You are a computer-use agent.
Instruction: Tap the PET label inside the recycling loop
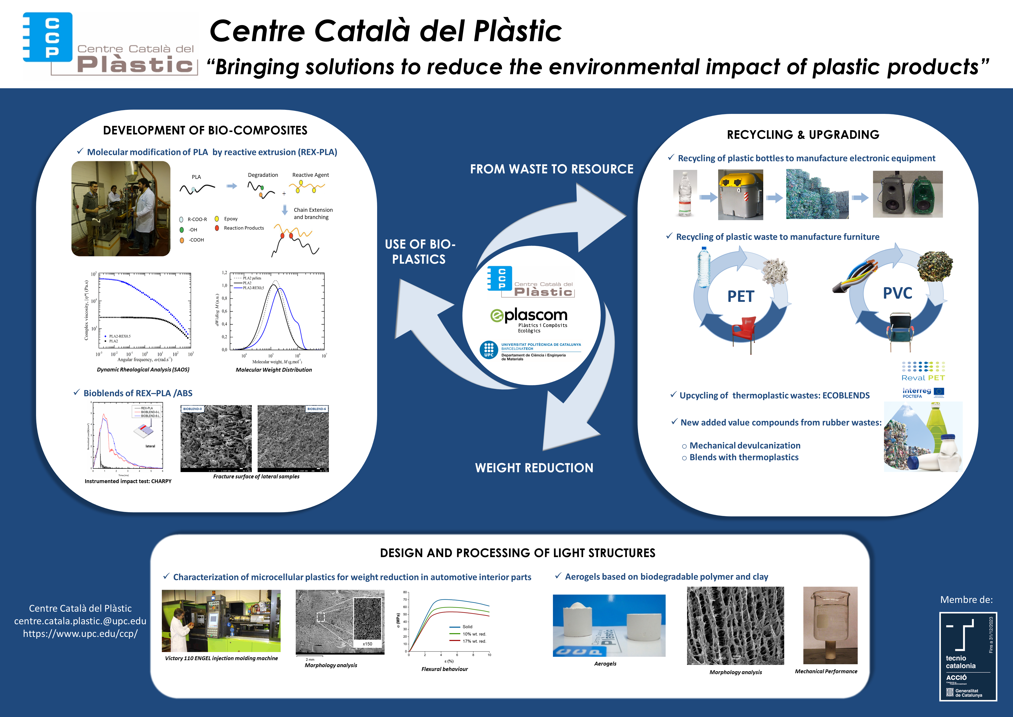(741, 296)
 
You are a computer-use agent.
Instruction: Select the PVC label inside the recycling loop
(897, 293)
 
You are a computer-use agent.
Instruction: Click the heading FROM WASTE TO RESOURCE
(552, 169)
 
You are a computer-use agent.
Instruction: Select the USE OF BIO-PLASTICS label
(419, 252)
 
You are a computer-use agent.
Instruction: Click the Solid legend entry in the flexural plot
(467, 627)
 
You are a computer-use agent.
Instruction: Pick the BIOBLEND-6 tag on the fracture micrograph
(316, 409)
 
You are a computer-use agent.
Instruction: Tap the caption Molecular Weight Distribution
(274, 370)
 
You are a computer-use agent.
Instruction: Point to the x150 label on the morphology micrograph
(367, 644)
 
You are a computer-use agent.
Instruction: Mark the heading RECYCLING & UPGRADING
(803, 135)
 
